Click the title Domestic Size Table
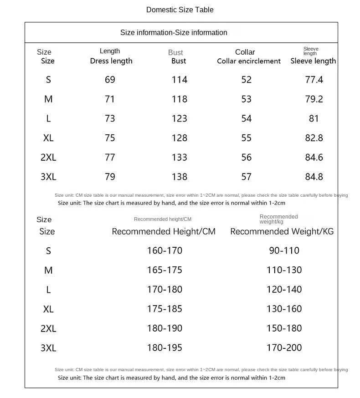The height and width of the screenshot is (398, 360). point(180,10)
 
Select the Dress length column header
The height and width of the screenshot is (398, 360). point(111,61)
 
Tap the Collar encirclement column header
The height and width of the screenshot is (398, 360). point(248,61)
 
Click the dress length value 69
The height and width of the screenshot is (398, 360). point(110,80)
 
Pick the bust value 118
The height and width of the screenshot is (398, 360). point(179,99)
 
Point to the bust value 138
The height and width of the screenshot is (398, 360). point(179,177)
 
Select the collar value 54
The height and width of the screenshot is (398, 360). point(246,118)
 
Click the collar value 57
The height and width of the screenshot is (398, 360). point(246,177)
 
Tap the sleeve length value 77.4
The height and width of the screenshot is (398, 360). point(314,80)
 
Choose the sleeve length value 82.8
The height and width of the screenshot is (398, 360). point(314,138)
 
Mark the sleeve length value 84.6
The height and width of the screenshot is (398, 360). point(314,157)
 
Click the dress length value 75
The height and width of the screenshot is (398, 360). point(110,138)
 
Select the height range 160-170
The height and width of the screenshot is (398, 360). point(164,250)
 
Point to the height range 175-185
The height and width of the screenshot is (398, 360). point(164,309)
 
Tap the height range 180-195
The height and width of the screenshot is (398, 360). point(164,348)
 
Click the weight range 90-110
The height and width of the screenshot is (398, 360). point(284,250)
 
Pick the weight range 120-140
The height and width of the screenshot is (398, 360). point(284,290)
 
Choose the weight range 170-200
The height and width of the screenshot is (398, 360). point(284,348)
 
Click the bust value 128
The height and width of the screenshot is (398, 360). point(179,138)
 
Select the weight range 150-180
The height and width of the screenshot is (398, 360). point(284,328)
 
